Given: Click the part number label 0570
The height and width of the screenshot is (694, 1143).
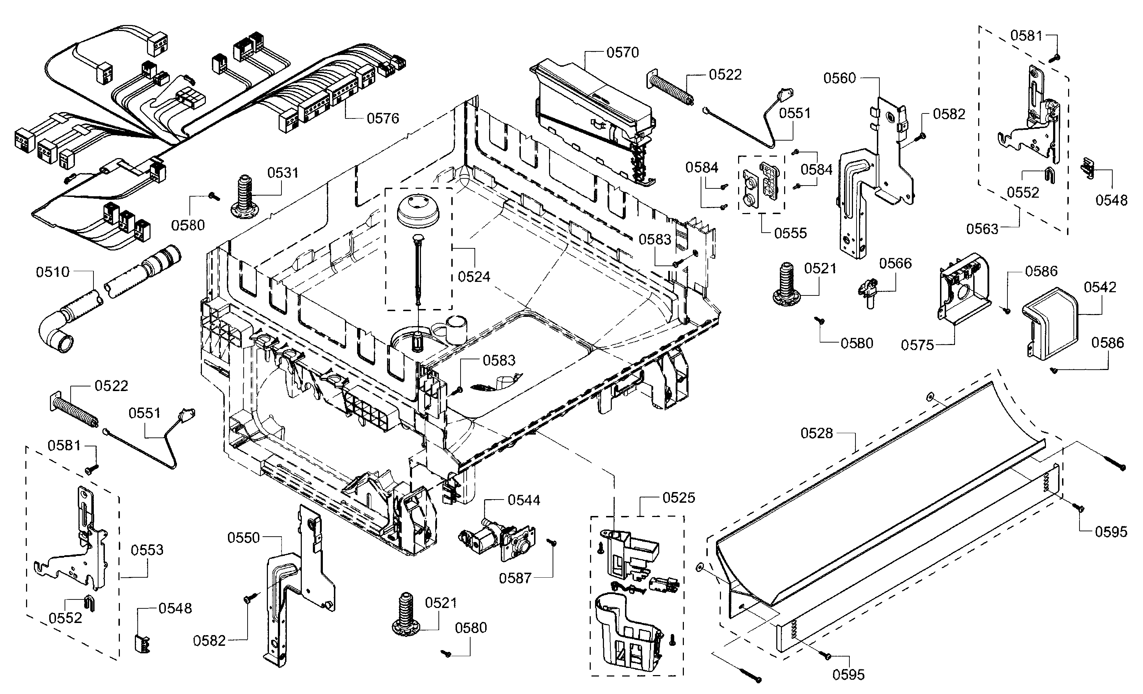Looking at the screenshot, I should tap(622, 53).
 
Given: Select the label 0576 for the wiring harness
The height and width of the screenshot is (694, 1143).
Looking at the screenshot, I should tap(383, 119).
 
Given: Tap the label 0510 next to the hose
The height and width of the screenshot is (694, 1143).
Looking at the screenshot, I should tap(52, 272).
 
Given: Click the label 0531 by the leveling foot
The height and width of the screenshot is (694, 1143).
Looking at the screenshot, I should tap(283, 173).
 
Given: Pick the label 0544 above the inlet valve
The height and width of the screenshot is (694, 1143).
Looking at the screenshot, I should tap(524, 500).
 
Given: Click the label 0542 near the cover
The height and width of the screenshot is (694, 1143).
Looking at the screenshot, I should tap(1099, 288).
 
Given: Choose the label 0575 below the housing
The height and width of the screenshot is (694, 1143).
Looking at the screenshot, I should tap(917, 345).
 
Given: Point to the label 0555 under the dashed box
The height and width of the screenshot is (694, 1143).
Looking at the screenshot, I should tap(791, 233).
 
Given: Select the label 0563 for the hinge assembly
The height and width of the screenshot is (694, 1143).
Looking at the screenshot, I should tap(982, 229).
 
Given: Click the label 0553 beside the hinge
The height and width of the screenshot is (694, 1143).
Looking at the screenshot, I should tap(147, 550).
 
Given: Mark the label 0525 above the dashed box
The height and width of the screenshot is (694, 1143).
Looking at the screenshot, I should tap(678, 498).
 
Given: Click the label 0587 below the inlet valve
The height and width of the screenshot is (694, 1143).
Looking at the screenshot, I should tap(515, 578).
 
